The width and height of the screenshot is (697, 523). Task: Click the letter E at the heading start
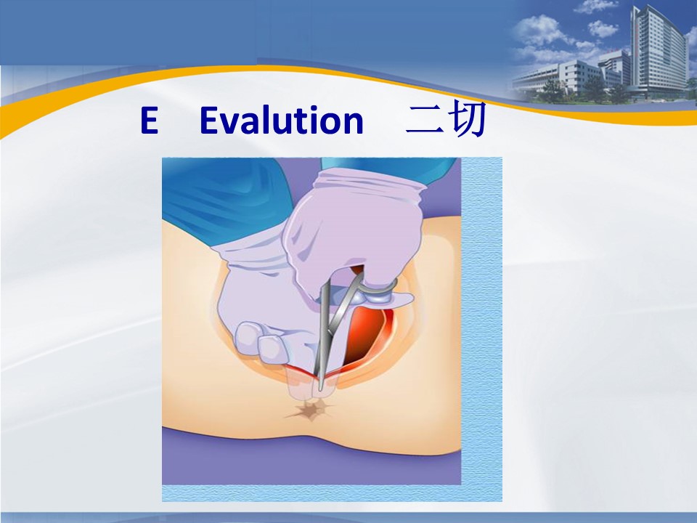tap(150, 120)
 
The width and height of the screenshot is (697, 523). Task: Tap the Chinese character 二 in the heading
tap(425, 120)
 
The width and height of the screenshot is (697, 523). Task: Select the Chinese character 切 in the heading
tap(468, 119)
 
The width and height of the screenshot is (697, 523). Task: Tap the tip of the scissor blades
tap(320, 388)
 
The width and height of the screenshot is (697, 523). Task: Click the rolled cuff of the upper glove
tap(369, 182)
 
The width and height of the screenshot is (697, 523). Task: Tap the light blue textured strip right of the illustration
tap(482, 320)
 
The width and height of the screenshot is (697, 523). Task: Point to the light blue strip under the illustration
tap(332, 493)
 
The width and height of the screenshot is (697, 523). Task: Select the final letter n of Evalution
tap(354, 123)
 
